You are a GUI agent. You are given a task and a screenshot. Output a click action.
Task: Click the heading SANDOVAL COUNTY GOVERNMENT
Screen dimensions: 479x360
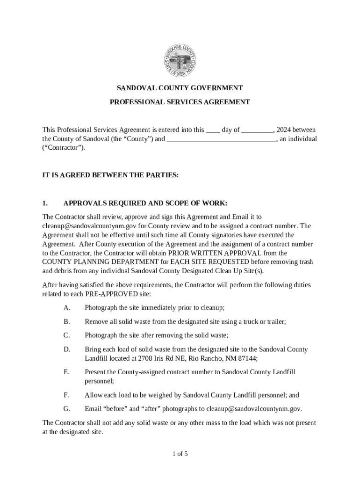point(180,88)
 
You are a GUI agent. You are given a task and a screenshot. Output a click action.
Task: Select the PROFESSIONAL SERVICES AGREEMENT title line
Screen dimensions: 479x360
point(180,102)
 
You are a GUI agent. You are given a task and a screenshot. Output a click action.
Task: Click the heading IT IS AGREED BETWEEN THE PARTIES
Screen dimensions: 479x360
point(110,175)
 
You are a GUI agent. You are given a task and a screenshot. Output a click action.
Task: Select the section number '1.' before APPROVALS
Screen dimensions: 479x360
point(45,203)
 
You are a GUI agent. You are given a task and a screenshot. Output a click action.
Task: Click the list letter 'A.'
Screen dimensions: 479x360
point(67,308)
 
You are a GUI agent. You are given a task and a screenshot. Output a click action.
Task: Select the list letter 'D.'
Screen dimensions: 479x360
point(67,349)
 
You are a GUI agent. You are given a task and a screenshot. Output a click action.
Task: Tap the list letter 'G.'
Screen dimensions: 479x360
point(67,409)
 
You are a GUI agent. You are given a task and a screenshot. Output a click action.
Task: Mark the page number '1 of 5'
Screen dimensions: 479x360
point(180,454)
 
